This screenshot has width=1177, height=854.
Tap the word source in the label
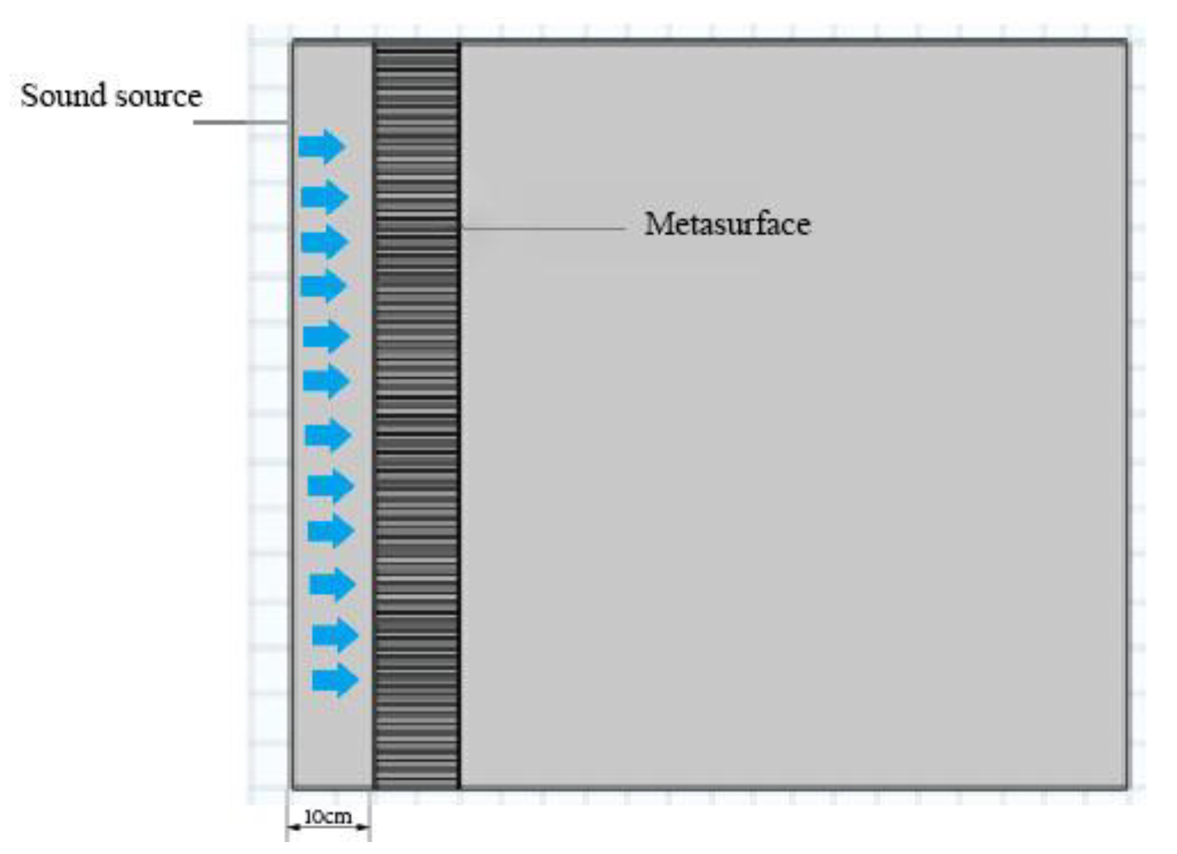click(159, 96)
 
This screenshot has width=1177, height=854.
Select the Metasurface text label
click(727, 224)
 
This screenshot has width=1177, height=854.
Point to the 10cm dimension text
click(328, 817)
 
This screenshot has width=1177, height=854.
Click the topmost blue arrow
click(322, 146)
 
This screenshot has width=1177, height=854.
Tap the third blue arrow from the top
click(324, 242)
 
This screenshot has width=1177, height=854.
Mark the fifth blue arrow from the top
click(326, 336)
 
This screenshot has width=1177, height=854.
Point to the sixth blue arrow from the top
click(326, 381)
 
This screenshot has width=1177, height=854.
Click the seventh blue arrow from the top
click(328, 436)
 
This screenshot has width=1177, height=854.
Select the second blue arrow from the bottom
click(335, 635)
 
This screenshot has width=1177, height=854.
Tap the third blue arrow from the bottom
click(333, 584)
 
